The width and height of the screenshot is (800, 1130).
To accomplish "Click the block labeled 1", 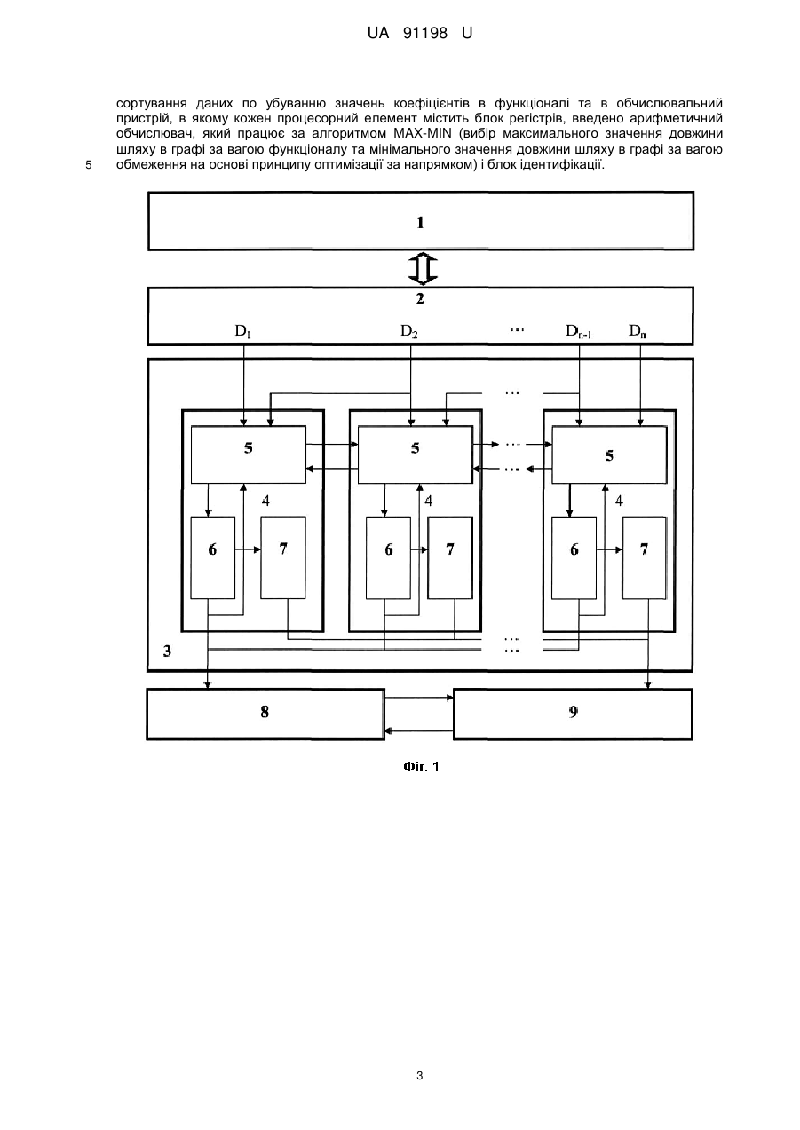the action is coord(421,221).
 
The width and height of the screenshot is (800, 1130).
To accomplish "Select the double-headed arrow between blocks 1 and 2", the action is coord(423,269).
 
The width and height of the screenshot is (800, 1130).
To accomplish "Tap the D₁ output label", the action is coord(242,331).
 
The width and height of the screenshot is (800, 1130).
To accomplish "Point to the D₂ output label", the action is coord(408,331).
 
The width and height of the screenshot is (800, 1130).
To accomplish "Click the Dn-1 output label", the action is coord(578,331).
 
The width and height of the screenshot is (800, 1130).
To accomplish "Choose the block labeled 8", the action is coord(265,715).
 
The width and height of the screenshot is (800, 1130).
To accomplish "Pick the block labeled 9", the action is coord(573,715).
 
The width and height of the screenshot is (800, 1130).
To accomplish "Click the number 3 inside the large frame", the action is coord(167,652).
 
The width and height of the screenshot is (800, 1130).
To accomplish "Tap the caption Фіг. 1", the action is coord(421,767).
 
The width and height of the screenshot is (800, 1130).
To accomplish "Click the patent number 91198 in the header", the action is coord(425,34).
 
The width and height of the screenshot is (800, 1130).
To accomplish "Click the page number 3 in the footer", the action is coord(420,1076).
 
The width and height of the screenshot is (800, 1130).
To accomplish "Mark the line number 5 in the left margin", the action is coord(88,165).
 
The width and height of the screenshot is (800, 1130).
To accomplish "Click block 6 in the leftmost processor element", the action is coord(212,557).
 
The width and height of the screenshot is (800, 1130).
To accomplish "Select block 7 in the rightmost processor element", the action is coord(644,557).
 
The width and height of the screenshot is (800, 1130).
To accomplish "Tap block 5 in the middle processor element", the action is coord(415,454).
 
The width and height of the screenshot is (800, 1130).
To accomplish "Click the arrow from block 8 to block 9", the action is coord(419,698).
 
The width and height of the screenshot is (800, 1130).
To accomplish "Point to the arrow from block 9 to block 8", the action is coord(419,731).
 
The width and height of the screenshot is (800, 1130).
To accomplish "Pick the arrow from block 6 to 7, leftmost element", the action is coord(248,549).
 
